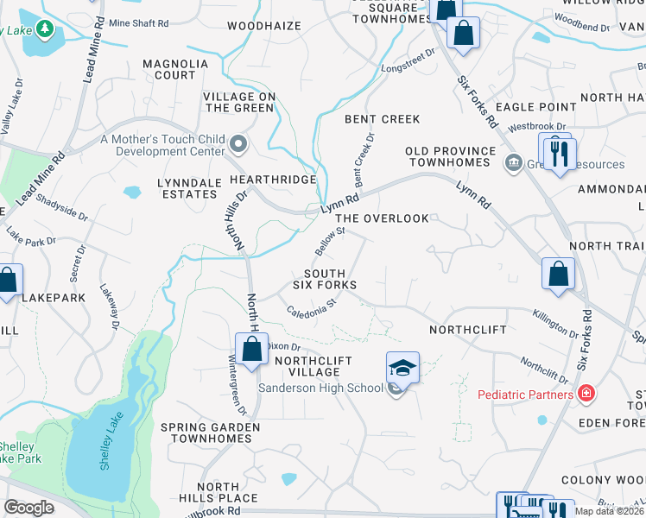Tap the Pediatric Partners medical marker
[x=587, y=394]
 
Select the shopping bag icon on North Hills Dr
[x=251, y=351]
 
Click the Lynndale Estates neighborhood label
[x=187, y=188]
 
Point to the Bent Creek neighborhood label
[x=382, y=119]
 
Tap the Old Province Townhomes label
[x=451, y=156]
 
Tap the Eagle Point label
[x=536, y=106]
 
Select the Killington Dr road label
[x=555, y=325]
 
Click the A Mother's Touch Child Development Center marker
[x=238, y=142]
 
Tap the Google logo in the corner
[x=28, y=507]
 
